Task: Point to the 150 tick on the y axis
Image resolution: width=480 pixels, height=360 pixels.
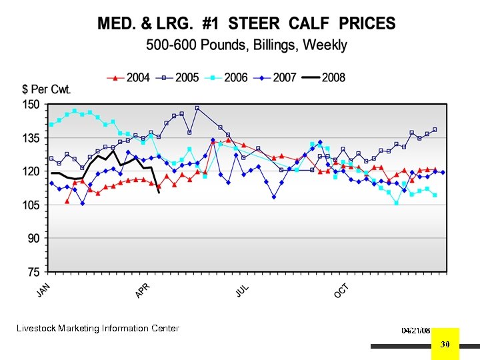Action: coord(31,105)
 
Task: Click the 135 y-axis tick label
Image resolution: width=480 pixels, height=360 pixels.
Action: coord(31,139)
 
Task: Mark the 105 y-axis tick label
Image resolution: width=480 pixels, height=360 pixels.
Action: coord(31,205)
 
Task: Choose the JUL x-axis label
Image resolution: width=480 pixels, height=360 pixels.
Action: coord(243,291)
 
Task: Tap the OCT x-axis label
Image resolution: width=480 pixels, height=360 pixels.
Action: coord(341,291)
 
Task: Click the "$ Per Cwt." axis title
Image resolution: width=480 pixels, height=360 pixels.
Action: coord(47,89)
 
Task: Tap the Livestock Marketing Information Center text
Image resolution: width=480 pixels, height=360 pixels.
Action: coord(98,328)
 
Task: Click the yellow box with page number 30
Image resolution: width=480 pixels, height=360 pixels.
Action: coord(446,343)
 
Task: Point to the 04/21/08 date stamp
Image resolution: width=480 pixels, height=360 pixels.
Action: coord(416,331)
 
